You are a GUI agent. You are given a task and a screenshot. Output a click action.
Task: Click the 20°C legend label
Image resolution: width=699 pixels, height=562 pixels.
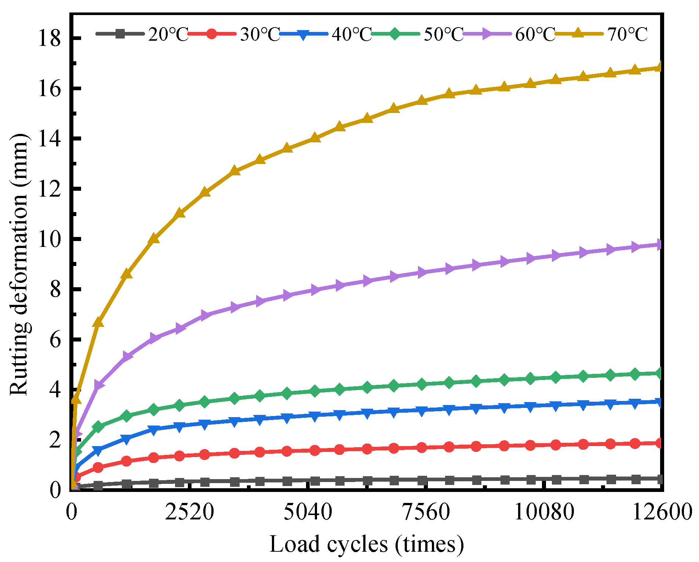[x=168, y=34]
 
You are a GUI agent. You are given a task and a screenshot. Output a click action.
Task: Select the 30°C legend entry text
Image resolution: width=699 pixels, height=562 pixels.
[x=260, y=34]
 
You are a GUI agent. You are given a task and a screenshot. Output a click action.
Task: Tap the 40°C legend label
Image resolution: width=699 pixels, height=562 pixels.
[x=352, y=34]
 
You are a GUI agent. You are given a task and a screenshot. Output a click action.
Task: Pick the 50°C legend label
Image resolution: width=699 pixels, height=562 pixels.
[x=443, y=34]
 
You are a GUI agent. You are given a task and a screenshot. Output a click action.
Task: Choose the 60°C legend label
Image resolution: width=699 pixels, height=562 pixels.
[x=535, y=34]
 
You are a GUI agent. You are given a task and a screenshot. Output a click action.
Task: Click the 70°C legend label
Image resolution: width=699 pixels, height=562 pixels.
[x=627, y=34]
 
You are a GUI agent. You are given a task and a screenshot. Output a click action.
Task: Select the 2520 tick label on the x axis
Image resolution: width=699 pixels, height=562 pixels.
[x=189, y=512]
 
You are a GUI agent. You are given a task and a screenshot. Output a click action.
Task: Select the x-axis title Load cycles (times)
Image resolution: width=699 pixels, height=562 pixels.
[x=366, y=544]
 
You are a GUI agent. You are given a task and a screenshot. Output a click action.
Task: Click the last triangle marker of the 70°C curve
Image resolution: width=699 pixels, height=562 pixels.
[x=659, y=67]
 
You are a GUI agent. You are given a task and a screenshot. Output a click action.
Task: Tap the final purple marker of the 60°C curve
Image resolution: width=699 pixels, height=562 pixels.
[x=659, y=245]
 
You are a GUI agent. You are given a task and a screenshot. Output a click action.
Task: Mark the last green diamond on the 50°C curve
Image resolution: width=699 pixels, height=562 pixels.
[x=659, y=373]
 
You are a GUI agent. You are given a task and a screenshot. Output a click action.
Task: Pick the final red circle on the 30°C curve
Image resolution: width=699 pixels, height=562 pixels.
[x=659, y=443]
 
